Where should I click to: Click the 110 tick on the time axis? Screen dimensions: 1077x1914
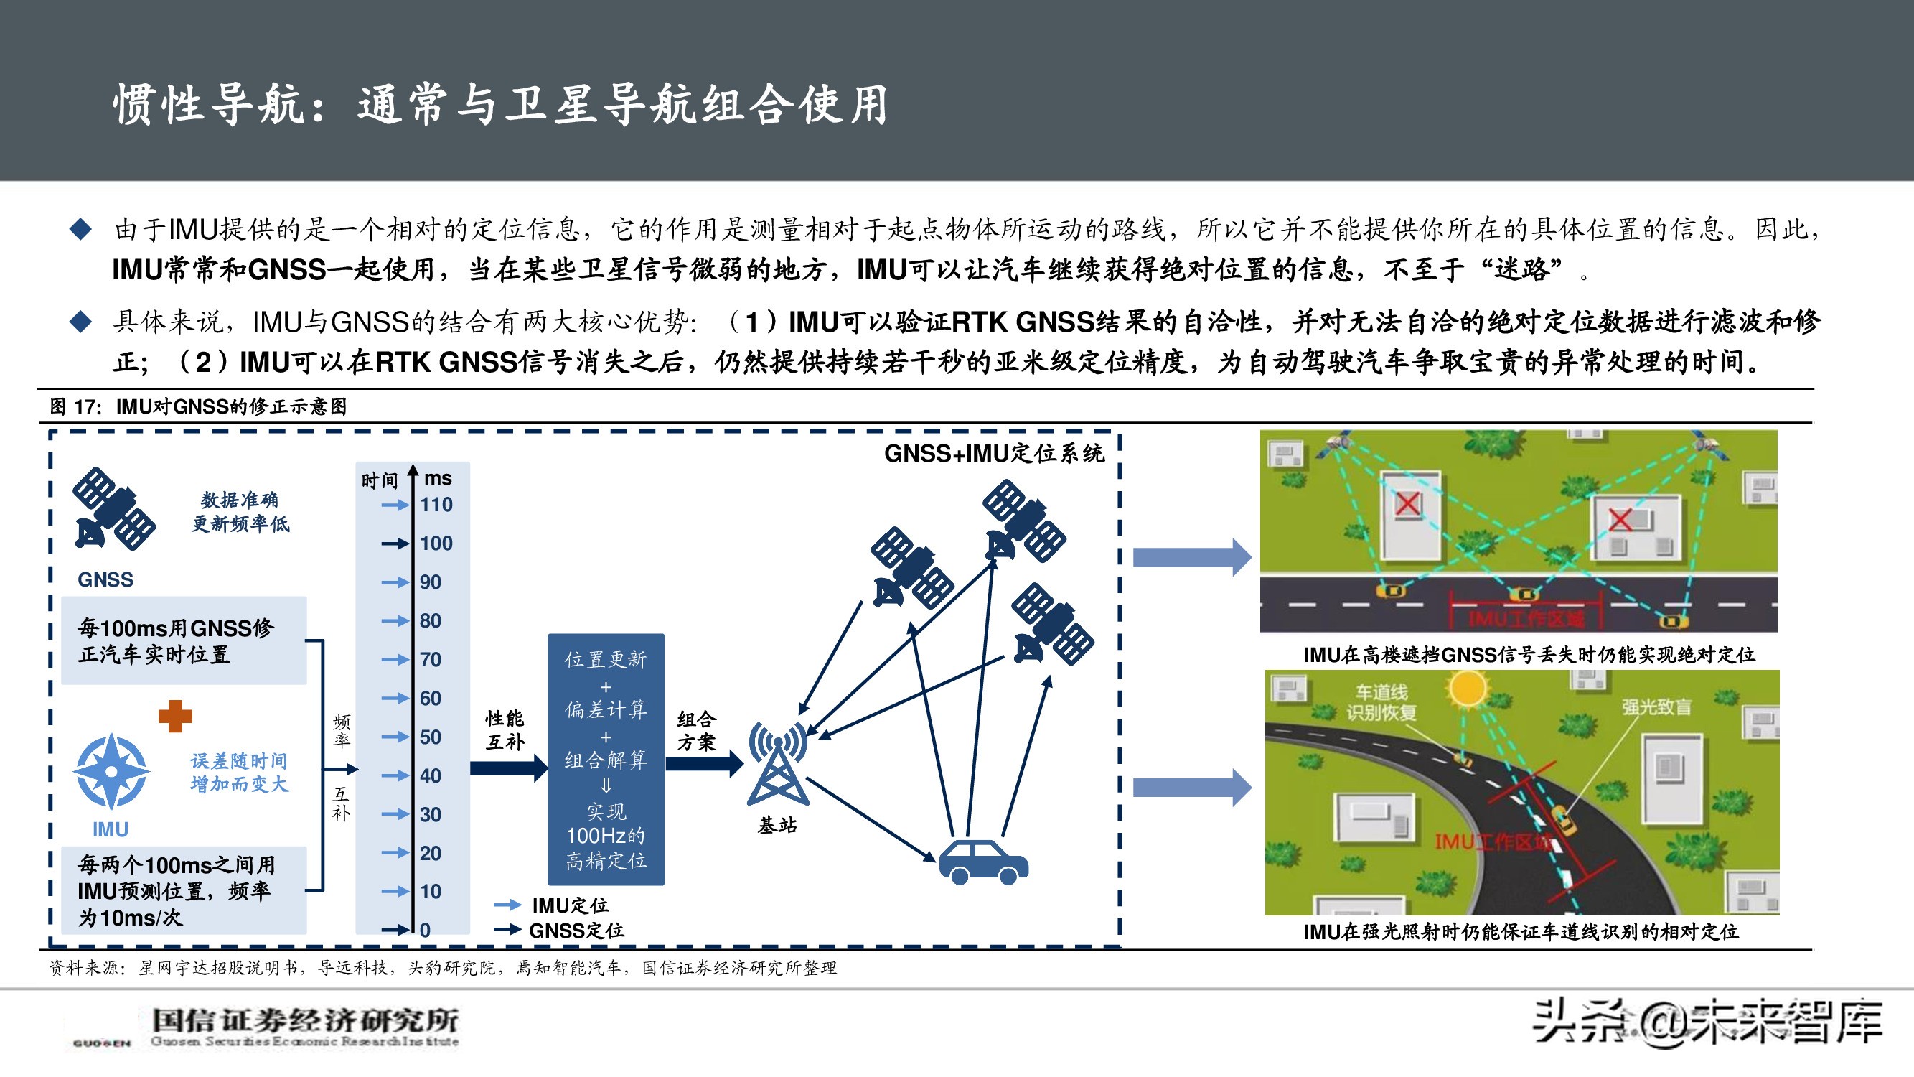436,505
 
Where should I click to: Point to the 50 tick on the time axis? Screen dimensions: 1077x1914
430,737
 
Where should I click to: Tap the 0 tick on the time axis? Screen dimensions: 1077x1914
424,929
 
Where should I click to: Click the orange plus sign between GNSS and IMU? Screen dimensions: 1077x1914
175,717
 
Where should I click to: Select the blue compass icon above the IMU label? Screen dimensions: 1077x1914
111,772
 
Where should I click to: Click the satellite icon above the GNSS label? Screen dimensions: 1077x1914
113,509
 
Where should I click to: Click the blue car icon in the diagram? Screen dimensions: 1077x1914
983,862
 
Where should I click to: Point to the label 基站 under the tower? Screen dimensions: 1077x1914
777,825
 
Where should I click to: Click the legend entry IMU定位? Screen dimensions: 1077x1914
570,905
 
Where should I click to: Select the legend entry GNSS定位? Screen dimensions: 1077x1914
576,930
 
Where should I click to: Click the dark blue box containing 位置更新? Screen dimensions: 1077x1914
606,759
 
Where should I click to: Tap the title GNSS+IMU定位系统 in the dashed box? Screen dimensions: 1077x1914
993,452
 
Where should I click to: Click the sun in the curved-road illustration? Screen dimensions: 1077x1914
1467,689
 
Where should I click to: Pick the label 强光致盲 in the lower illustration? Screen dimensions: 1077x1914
1656,706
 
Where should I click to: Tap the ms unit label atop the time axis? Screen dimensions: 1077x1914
438,478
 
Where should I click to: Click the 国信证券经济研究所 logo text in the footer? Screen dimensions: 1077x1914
304,1020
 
